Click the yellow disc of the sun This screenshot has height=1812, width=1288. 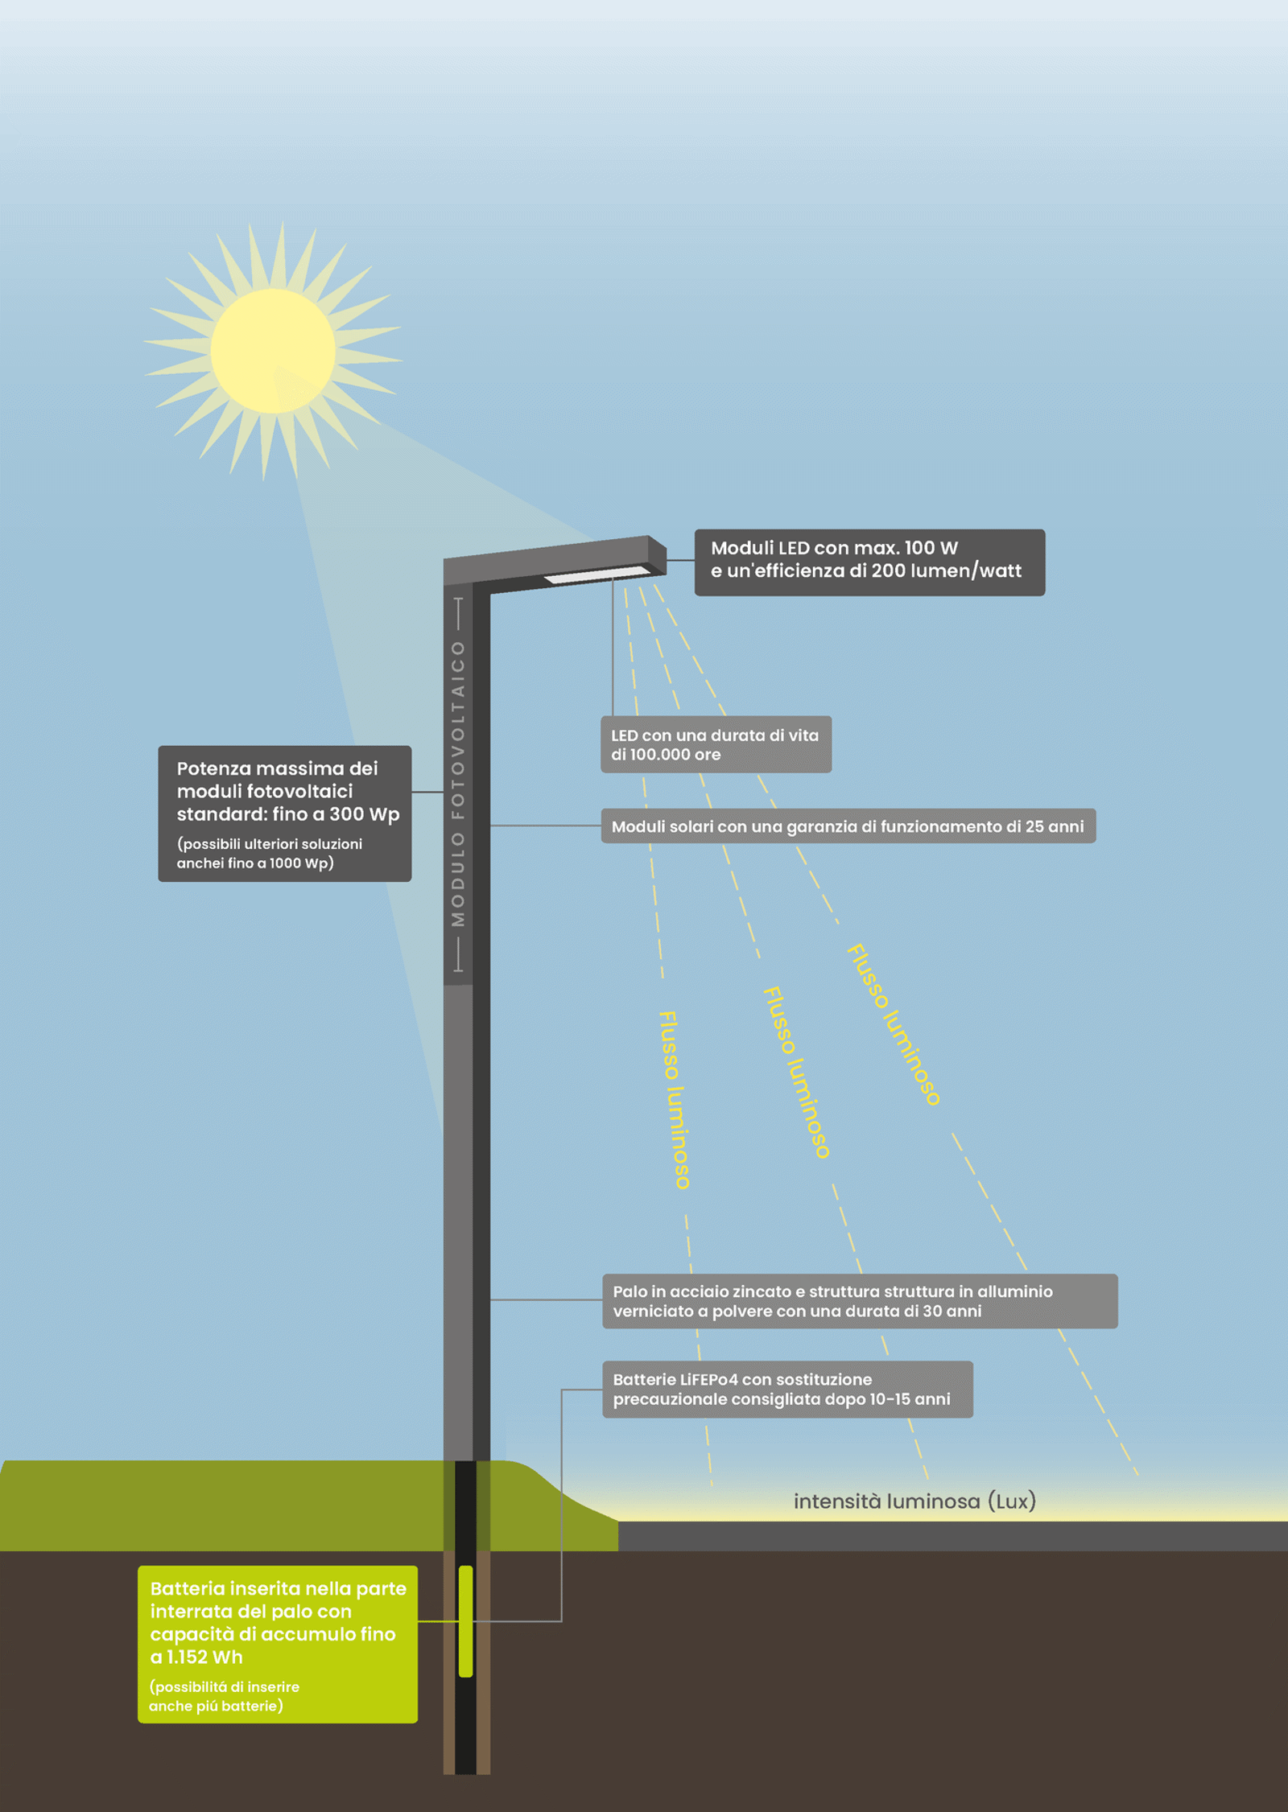[273, 351]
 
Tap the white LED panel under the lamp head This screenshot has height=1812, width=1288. [597, 574]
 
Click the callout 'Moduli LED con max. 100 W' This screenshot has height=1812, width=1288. [869, 562]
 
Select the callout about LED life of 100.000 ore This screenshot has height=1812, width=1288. [716, 744]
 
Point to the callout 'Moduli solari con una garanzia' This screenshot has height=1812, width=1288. [848, 826]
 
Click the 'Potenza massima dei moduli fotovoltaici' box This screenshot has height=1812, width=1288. [284, 813]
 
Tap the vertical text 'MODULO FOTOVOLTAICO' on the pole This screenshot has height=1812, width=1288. [458, 785]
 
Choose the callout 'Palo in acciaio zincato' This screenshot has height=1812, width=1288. [859, 1301]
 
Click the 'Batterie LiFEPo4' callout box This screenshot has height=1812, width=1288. [786, 1390]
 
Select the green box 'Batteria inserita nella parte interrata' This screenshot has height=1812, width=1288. [277, 1644]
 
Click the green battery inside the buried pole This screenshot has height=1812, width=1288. [465, 1621]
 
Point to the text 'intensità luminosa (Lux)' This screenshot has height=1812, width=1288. [914, 1501]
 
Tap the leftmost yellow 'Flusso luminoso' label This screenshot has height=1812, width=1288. [675, 1100]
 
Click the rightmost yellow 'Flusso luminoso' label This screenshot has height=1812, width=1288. [894, 1024]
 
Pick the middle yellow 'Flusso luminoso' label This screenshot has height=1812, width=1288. [796, 1072]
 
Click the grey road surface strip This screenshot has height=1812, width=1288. [950, 1536]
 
